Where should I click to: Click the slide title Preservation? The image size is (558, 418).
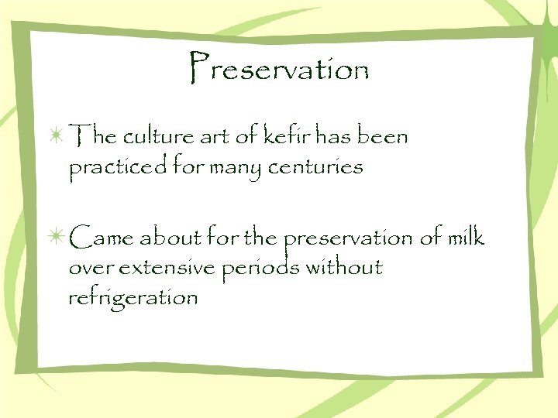(278, 70)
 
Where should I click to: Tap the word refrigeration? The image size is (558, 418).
(133, 297)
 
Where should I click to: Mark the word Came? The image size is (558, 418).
(100, 237)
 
